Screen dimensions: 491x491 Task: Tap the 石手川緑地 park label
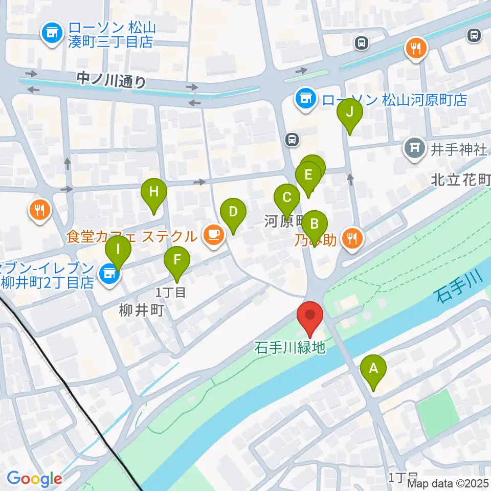(290, 348)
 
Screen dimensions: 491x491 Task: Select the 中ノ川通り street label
(111, 80)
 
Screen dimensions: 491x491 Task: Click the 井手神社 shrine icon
(415, 149)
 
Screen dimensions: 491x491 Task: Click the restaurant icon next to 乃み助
(352, 238)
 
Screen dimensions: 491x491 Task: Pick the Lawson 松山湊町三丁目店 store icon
(52, 34)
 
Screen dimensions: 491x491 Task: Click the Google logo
(34, 479)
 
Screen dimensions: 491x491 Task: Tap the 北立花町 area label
(461, 180)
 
